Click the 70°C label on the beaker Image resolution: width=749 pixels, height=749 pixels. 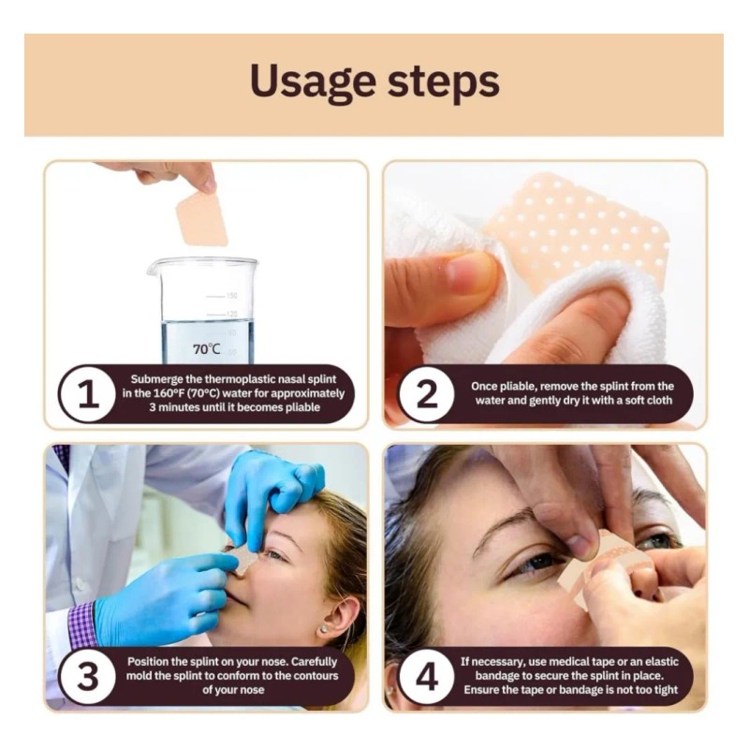(206, 349)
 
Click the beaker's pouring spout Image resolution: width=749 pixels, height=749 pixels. (152, 269)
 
